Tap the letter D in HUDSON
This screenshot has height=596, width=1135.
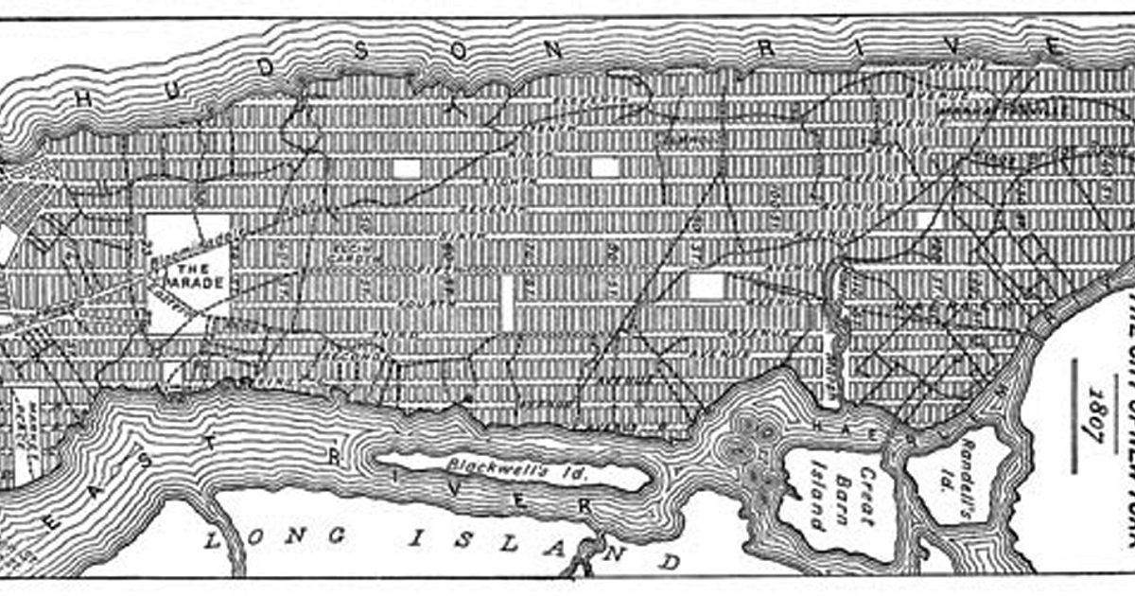[x=269, y=65]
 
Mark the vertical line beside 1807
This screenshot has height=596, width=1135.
[x=1075, y=413]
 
